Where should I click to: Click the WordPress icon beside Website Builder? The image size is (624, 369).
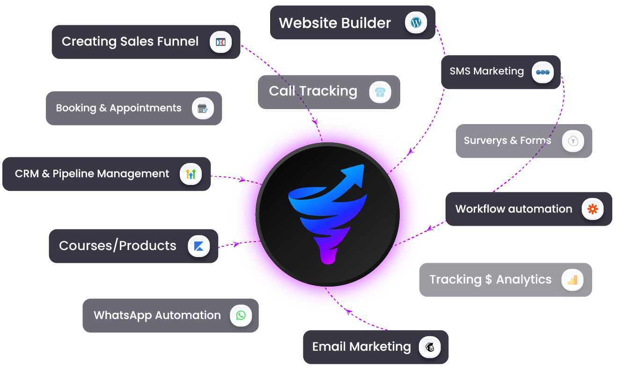(x=416, y=22)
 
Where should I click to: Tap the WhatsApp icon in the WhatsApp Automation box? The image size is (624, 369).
(x=241, y=315)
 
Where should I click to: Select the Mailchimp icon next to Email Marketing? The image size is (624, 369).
(x=430, y=347)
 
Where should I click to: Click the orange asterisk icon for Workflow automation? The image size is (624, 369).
(x=593, y=209)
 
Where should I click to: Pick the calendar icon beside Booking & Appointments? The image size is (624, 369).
(x=203, y=108)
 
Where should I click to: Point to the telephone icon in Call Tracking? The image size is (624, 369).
(x=380, y=92)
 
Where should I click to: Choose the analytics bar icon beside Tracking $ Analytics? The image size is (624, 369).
(x=573, y=280)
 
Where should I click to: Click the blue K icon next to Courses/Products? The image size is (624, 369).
(x=198, y=246)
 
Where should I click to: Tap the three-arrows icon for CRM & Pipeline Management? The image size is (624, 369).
(x=191, y=174)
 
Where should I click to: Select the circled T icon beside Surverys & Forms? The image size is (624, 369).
(x=573, y=141)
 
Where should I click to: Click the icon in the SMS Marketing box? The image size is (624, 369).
(x=543, y=72)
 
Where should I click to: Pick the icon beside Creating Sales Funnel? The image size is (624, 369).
(x=220, y=42)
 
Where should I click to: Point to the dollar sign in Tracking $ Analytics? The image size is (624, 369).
(x=489, y=280)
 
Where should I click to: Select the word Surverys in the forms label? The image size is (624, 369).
(x=485, y=140)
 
